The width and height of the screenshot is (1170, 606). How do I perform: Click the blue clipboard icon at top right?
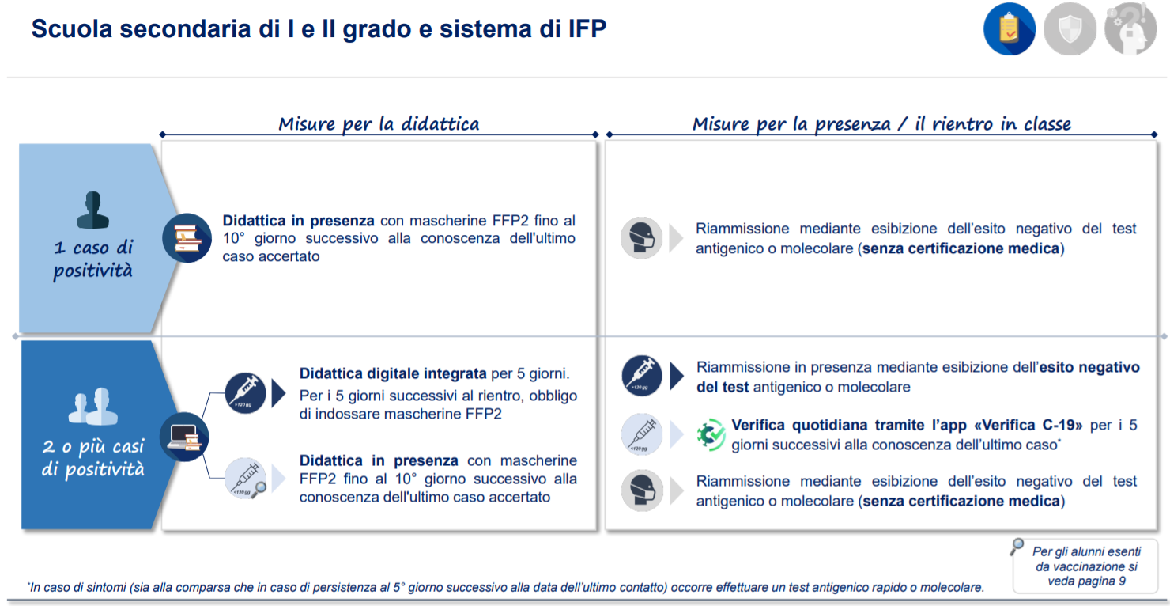click(1009, 28)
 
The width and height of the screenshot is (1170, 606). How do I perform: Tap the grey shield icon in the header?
click(1070, 28)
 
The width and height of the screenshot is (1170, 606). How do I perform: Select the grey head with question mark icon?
click(1130, 28)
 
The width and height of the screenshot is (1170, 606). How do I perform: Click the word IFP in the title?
click(587, 28)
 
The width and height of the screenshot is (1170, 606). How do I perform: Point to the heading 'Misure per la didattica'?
click(379, 124)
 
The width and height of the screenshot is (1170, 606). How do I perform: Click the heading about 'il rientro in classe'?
click(881, 124)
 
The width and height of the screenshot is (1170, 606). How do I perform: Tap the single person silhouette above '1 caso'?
click(93, 210)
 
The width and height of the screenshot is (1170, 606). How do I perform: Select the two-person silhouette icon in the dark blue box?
click(93, 406)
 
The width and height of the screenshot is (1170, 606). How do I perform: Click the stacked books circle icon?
click(187, 238)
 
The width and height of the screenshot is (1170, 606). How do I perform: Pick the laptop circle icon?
click(184, 437)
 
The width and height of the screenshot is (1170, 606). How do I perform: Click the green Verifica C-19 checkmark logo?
click(711, 434)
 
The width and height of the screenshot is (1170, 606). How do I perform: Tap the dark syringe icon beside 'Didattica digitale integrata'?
click(246, 393)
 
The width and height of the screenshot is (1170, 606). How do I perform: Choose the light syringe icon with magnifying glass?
click(246, 479)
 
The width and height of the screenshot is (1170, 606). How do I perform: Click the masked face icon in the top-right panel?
click(641, 238)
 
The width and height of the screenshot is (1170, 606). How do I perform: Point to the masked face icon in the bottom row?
click(642, 490)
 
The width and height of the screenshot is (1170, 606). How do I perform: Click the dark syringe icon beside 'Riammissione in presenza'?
click(642, 376)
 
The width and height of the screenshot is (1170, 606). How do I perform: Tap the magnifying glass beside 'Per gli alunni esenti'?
click(1017, 547)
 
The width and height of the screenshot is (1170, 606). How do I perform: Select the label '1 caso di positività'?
click(93, 258)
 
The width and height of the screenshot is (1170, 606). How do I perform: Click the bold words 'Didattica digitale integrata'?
click(393, 373)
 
